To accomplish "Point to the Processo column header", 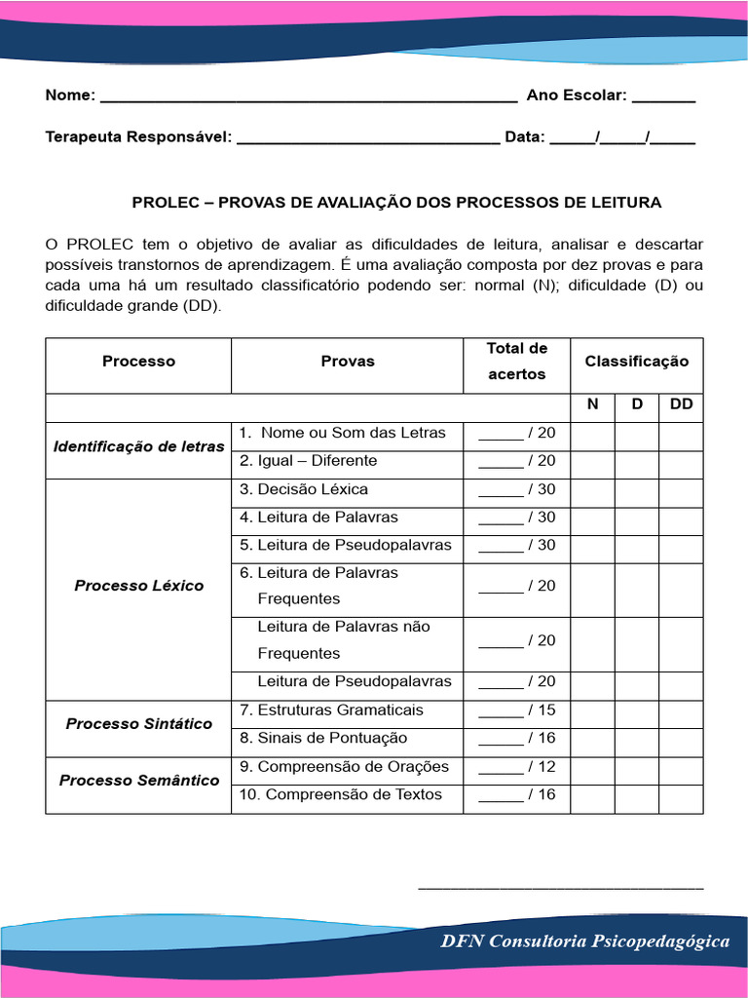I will click(x=138, y=362).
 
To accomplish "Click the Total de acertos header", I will click(x=517, y=362).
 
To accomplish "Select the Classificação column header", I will click(x=636, y=362).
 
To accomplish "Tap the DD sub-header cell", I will click(x=681, y=403).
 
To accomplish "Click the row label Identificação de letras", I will click(x=138, y=447).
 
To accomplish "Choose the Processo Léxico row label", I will click(x=138, y=586).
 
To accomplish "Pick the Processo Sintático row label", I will click(x=138, y=724).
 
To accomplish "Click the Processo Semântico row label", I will click(x=138, y=781).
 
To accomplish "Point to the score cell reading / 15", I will click(x=517, y=710).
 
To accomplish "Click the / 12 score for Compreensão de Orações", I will click(x=517, y=767).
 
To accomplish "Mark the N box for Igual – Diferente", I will click(x=592, y=461).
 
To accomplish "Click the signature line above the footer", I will click(x=560, y=887).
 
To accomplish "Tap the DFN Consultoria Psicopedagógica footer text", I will click(x=584, y=941).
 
